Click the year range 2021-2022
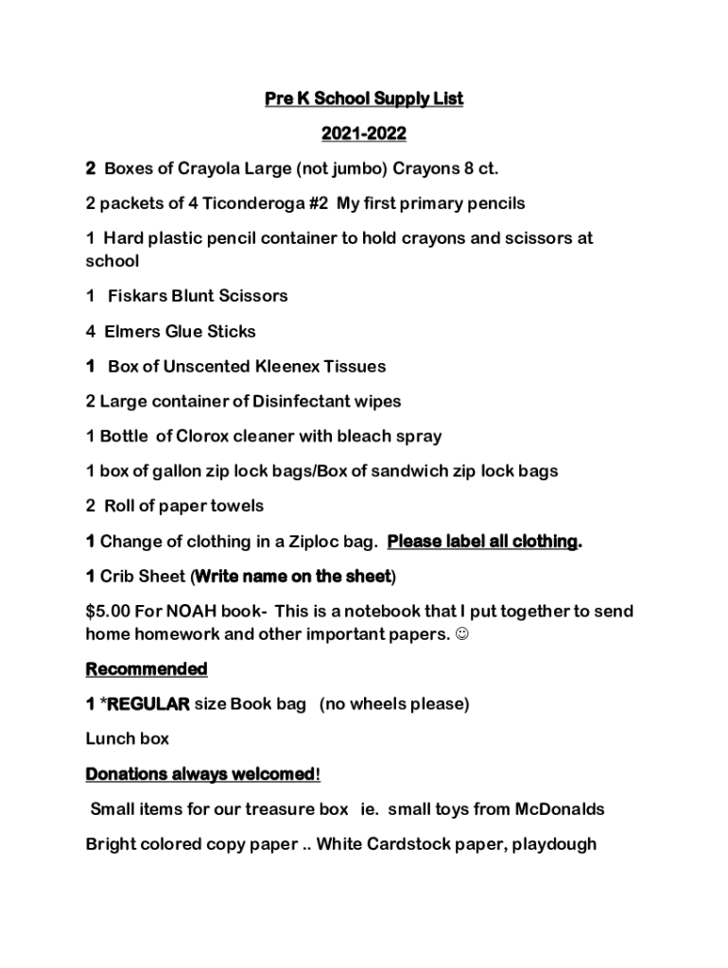364,134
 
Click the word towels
236,507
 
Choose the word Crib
118,577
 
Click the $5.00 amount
109,612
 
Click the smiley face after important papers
461,634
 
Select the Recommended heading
147,669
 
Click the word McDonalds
560,809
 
